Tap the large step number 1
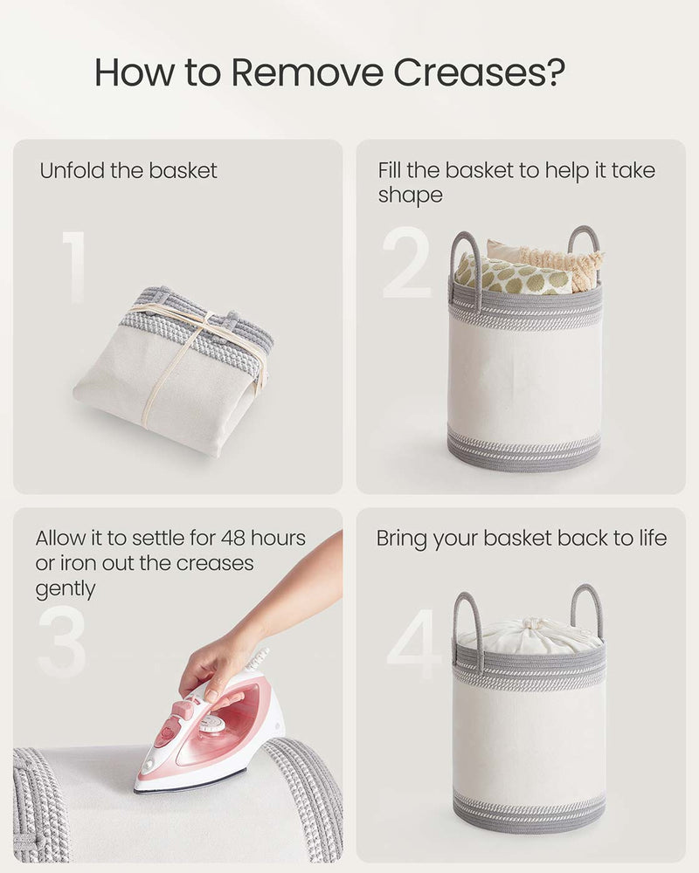[74, 267]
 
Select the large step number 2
[407, 263]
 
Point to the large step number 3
[62, 642]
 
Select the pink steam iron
[214, 733]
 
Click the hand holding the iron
[218, 663]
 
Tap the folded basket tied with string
[175, 367]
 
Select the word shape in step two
[410, 196]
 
